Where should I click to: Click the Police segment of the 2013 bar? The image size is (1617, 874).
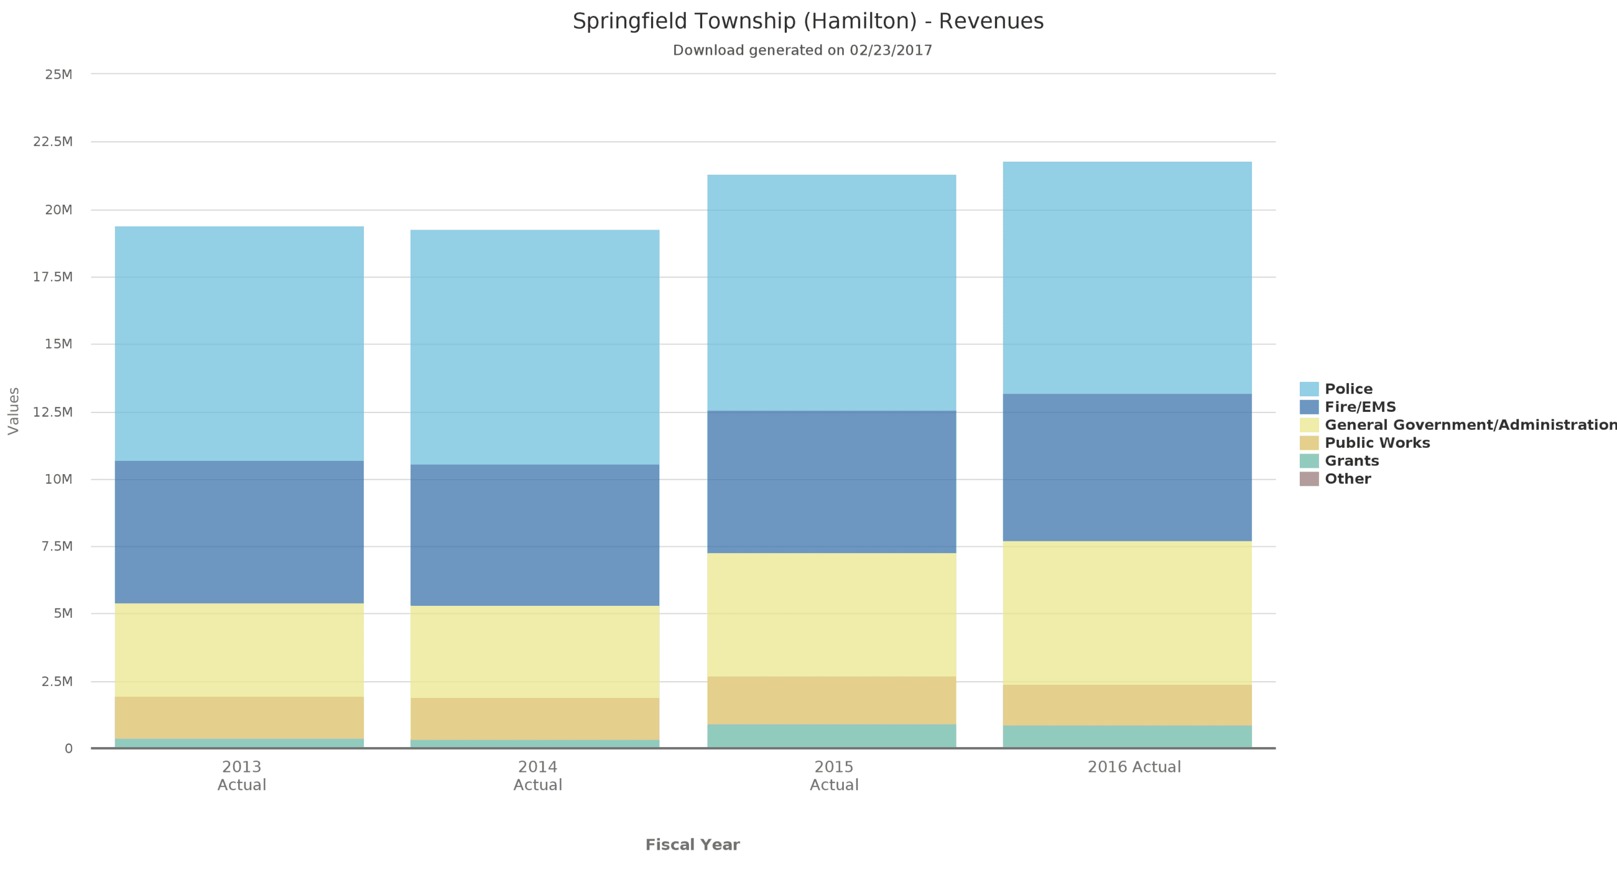(x=239, y=343)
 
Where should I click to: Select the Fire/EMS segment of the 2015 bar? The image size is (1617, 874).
(x=831, y=481)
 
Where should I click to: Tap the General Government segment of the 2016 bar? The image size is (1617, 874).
(x=1127, y=612)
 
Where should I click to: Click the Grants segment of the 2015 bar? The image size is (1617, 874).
(x=831, y=735)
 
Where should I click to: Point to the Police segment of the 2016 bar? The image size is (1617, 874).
(x=1127, y=277)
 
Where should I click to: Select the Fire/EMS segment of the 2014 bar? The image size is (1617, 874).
(x=535, y=535)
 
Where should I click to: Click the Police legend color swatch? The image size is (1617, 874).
(x=1309, y=389)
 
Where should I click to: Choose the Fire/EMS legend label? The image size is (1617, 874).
(x=1360, y=407)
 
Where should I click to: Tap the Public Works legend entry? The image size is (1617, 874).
(x=1376, y=443)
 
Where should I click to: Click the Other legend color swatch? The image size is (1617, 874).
(x=1309, y=478)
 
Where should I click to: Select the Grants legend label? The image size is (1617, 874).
(x=1351, y=461)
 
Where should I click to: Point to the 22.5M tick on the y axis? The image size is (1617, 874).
(x=53, y=142)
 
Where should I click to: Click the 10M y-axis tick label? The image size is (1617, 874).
(x=58, y=479)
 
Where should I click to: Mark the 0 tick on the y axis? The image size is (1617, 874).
(x=68, y=748)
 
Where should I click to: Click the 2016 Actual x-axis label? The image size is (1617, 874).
(x=1134, y=766)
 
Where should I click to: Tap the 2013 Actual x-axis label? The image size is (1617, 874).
(x=242, y=776)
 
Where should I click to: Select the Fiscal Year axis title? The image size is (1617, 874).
(x=692, y=845)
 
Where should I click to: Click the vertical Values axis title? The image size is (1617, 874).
(x=14, y=411)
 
